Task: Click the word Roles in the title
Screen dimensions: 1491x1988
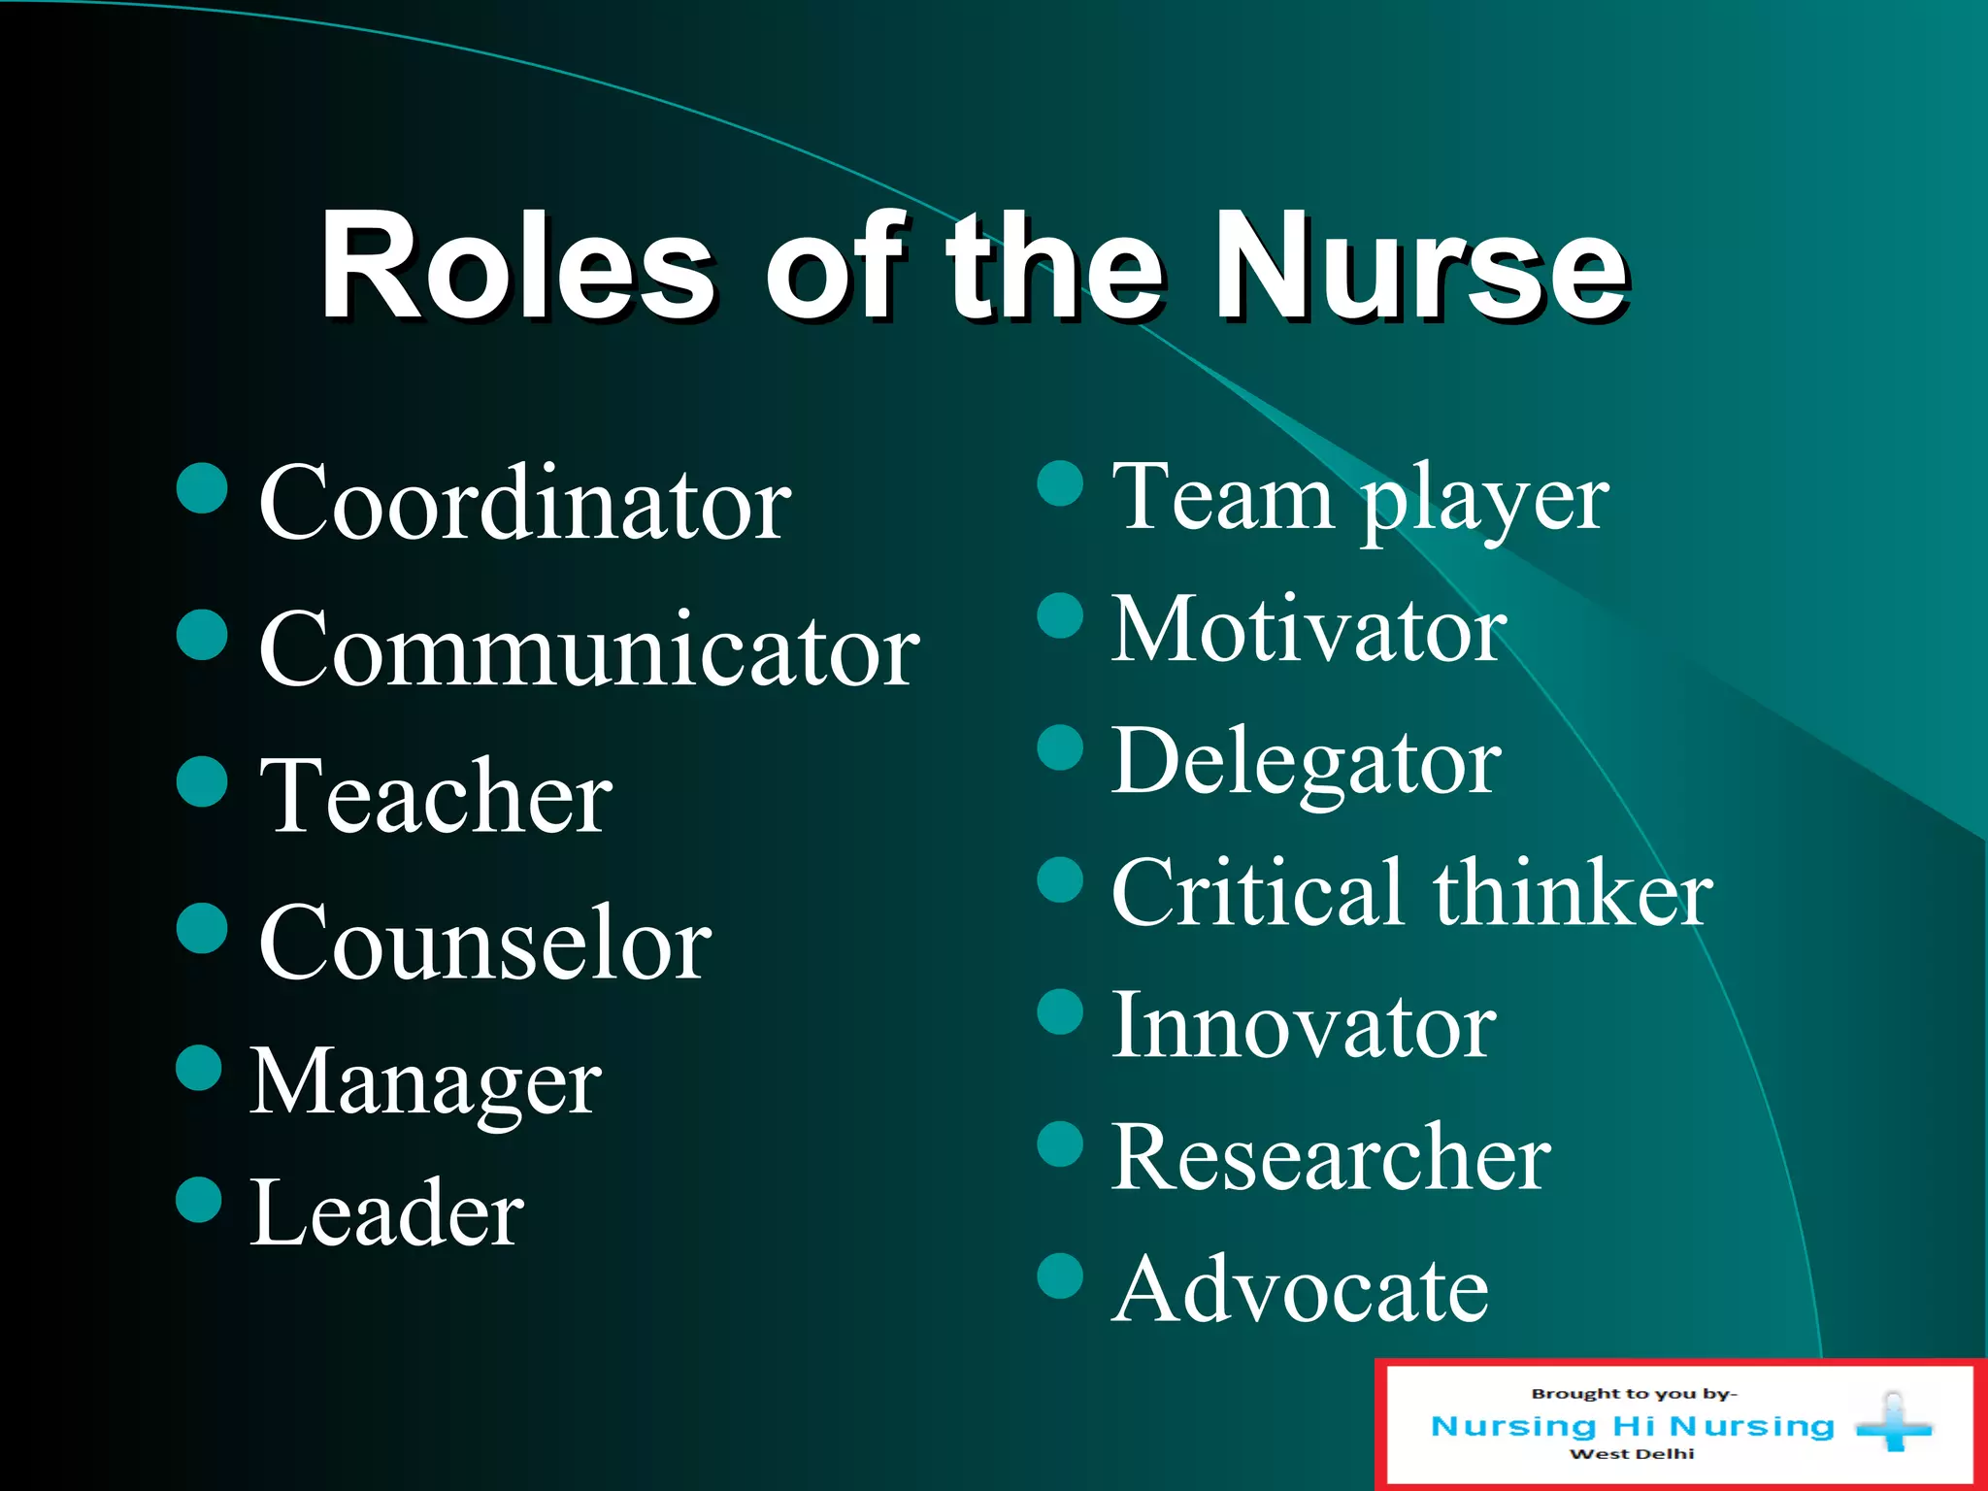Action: click(516, 266)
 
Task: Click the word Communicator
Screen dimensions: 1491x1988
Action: click(588, 651)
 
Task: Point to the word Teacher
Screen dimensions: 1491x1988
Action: click(436, 797)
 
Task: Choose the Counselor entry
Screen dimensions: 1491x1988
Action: click(484, 944)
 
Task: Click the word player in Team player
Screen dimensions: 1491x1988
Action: click(1484, 500)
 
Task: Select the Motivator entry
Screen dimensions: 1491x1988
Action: click(1309, 631)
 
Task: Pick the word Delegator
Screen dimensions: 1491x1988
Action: click(1306, 763)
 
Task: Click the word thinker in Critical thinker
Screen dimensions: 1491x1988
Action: click(1573, 894)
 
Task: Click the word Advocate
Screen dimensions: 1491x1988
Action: click(1300, 1290)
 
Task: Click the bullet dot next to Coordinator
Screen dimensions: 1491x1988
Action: click(202, 487)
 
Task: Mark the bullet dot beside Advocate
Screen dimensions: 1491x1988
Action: click(1060, 1276)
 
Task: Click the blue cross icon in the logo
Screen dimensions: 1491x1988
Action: click(1893, 1426)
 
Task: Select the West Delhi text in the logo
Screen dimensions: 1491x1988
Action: click(1632, 1454)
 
